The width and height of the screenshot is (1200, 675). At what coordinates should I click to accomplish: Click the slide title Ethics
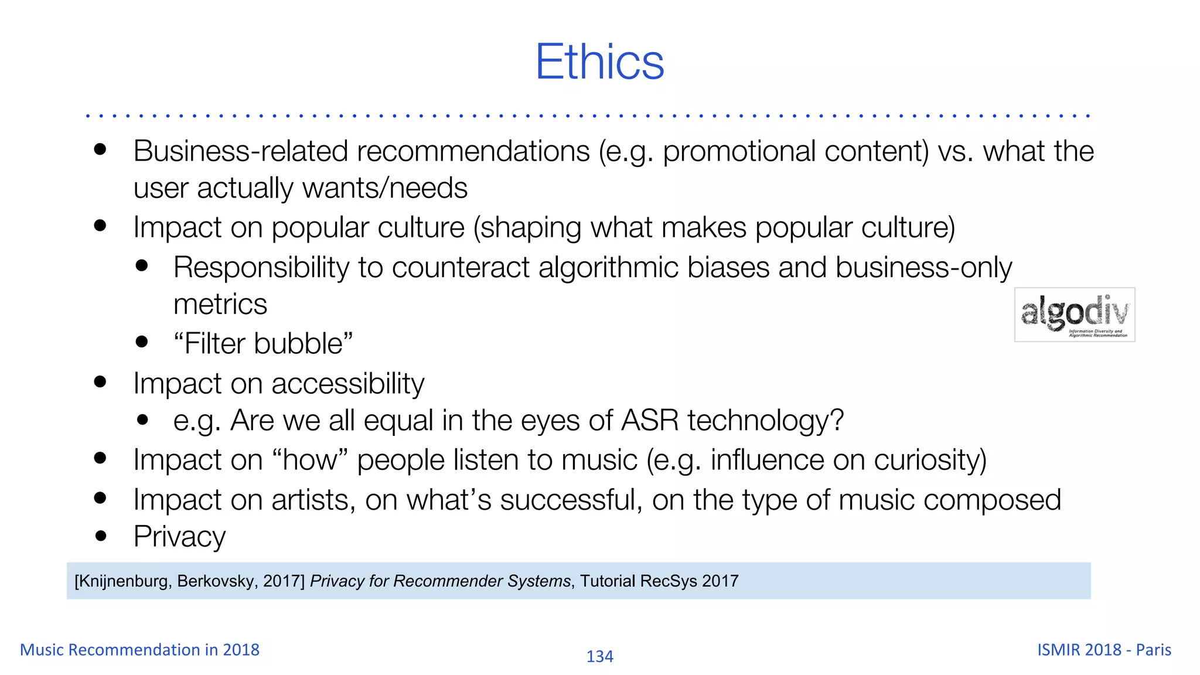click(x=599, y=62)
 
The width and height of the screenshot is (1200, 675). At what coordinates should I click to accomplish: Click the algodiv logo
click(x=1074, y=314)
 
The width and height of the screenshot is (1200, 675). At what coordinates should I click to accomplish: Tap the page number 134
click(x=599, y=656)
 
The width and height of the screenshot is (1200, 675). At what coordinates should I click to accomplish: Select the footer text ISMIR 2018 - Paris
click(x=1104, y=650)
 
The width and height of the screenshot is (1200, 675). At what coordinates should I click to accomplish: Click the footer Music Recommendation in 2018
click(x=139, y=650)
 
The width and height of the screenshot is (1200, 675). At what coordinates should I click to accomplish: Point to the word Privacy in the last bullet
click(x=179, y=537)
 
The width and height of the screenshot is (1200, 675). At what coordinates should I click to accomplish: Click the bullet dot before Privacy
click(x=101, y=536)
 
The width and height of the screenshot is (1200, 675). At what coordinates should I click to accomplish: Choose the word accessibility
click(x=347, y=384)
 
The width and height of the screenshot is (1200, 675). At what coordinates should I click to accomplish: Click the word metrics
click(x=220, y=305)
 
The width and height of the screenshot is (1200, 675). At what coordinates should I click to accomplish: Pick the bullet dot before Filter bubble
click(x=142, y=342)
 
